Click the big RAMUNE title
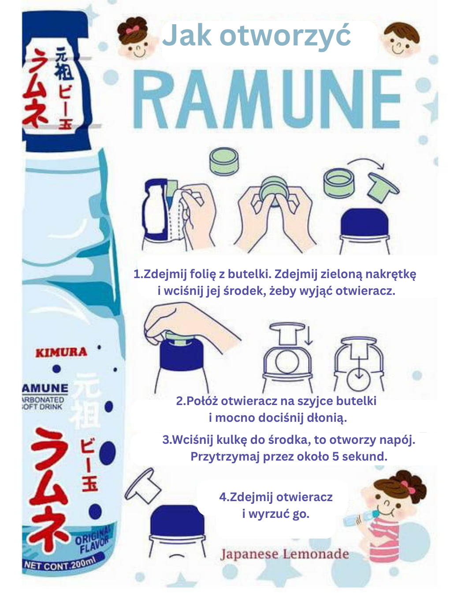(x=267, y=99)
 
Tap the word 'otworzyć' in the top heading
(x=285, y=36)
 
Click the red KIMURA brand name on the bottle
(x=61, y=353)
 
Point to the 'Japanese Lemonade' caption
(x=285, y=554)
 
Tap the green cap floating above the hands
(x=224, y=161)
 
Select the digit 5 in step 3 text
(x=335, y=457)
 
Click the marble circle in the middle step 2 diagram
(x=287, y=362)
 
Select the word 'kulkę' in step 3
(x=231, y=440)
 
